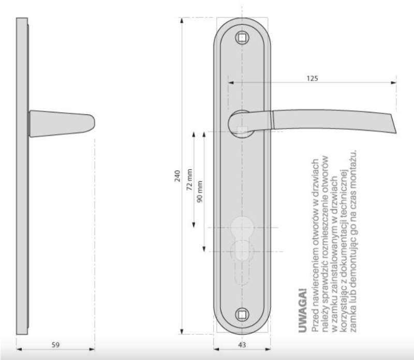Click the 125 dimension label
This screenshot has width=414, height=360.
(x=313, y=79)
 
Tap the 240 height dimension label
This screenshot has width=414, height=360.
(x=178, y=176)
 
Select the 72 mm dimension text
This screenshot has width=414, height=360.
(x=189, y=179)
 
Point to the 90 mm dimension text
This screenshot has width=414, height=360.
(x=200, y=191)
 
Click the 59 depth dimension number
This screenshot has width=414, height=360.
(x=55, y=344)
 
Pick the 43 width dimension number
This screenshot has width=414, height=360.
(x=242, y=344)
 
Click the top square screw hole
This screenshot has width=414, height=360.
(x=242, y=38)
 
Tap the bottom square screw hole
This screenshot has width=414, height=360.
(x=242, y=314)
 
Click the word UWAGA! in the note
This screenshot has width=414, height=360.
(x=303, y=311)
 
